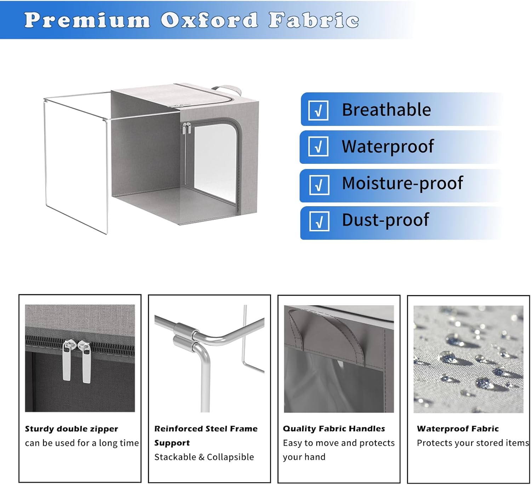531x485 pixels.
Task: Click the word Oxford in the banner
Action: pos(209,20)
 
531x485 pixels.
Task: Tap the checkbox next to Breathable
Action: pos(318,110)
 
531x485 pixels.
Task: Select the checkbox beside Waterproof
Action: pos(318,146)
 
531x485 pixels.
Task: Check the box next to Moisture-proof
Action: pos(319,185)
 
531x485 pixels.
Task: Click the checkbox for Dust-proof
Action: pos(319,221)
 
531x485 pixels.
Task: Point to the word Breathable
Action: pos(387,110)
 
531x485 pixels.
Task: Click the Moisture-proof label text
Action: pos(402,183)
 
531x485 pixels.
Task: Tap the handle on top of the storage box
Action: pos(227,90)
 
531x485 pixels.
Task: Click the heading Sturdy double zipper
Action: pos(72,429)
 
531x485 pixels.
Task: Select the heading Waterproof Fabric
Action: pos(458,429)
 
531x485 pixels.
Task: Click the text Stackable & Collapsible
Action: pos(204,457)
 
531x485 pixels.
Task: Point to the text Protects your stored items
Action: pos(473,443)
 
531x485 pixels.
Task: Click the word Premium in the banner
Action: pos(87,20)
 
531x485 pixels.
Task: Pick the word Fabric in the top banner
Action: pos(314,20)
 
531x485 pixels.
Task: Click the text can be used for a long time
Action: pos(82,443)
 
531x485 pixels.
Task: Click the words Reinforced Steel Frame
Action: pos(206,429)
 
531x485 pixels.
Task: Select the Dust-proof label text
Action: pos(386,220)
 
